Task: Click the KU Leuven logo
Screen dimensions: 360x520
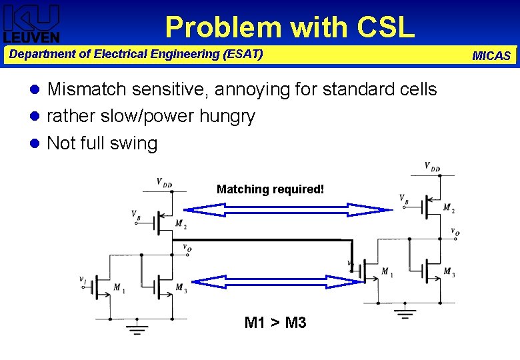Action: point(31,23)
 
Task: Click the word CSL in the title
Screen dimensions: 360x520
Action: point(386,27)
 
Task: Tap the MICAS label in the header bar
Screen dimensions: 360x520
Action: point(491,56)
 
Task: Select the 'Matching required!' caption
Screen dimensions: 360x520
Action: point(271,189)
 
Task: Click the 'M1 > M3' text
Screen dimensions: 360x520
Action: point(275,323)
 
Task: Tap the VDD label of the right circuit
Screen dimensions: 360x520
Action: point(432,166)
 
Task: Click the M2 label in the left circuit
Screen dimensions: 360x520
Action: point(180,223)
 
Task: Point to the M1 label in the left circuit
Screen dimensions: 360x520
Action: point(119,288)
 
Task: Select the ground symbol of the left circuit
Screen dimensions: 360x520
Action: point(137,327)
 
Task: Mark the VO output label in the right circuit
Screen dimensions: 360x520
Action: point(454,232)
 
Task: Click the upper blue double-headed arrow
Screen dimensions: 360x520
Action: point(287,210)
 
